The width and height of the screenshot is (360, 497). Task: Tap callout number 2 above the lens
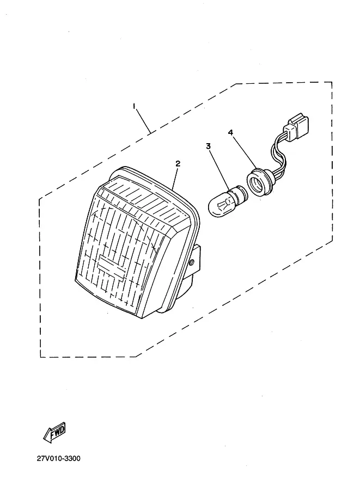tap(178, 163)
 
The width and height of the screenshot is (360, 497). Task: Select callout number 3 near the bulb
tap(208, 146)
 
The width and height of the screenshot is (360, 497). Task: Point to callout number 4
tap(230, 132)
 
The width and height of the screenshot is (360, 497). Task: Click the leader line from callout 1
tap(143, 121)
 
